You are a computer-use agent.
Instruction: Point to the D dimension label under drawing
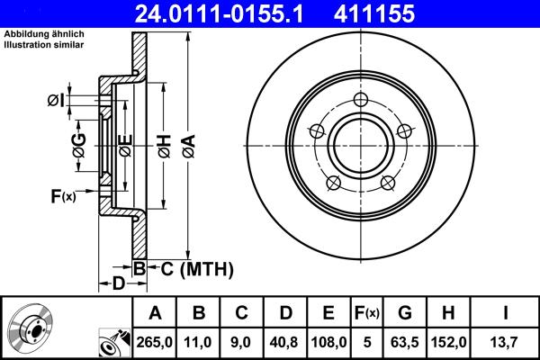coord(118,284)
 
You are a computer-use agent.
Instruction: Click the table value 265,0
coord(156,341)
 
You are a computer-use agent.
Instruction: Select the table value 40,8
coord(285,341)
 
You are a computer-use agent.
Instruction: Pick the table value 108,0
coord(329,341)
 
